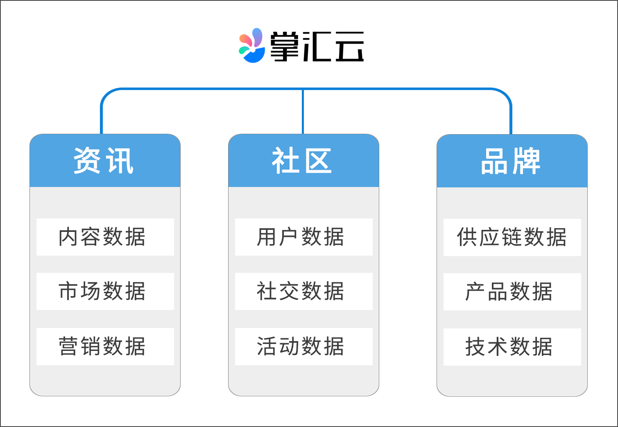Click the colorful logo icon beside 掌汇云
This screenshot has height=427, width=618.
click(252, 45)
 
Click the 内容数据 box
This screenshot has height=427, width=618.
click(105, 237)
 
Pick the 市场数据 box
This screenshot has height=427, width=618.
click(105, 292)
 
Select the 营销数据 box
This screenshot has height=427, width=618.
click(105, 346)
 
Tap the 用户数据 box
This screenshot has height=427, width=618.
click(303, 237)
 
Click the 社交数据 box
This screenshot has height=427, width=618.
click(303, 292)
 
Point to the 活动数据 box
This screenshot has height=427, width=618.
click(303, 346)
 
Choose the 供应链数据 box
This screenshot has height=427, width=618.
click(512, 238)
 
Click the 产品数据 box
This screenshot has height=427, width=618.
click(512, 292)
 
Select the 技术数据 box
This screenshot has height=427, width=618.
click(512, 347)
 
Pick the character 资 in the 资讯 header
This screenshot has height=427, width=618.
click(87, 161)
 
